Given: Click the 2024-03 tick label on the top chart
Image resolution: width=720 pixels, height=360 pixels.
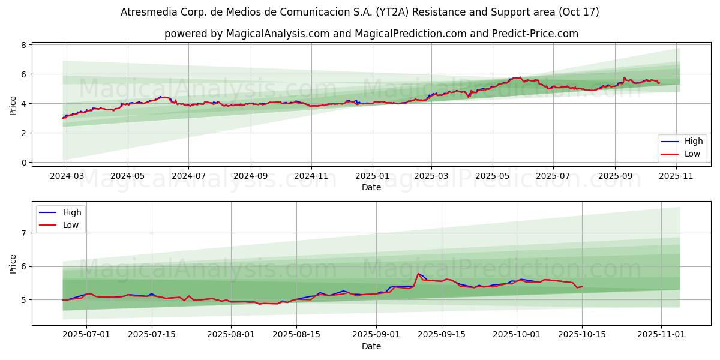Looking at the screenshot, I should [66, 176].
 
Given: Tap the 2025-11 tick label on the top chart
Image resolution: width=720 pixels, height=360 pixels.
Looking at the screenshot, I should [676, 176].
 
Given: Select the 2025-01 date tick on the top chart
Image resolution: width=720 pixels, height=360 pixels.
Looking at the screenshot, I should [372, 176].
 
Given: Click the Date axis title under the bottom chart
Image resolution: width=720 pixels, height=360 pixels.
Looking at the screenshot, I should [371, 346].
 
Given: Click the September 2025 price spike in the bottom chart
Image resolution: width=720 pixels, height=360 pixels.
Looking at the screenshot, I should [418, 274].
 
